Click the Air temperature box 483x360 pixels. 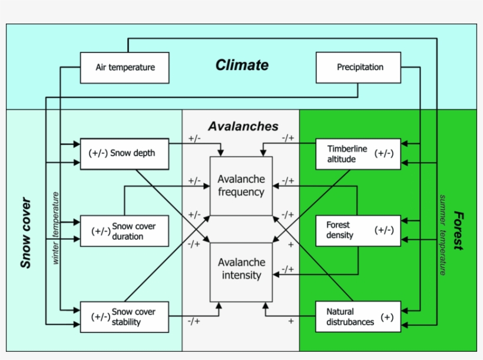pyautogui.click(x=125, y=68)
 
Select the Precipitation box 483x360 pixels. pyautogui.click(x=359, y=68)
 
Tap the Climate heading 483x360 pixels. pyautogui.click(x=241, y=65)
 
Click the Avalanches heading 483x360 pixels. pyautogui.click(x=243, y=127)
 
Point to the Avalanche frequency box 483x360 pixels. pyautogui.click(x=241, y=186)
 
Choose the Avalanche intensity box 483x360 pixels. pyautogui.click(x=241, y=269)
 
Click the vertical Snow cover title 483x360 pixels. pyautogui.click(x=25, y=233)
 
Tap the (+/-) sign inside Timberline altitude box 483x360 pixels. pyautogui.click(x=384, y=154)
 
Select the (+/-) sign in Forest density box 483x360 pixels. pyautogui.click(x=384, y=230)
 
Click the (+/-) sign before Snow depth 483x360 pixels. pyautogui.click(x=98, y=153)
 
